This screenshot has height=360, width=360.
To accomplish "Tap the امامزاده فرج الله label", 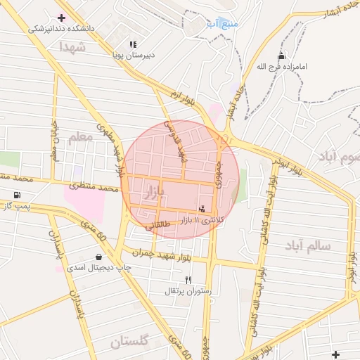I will tap(282, 66).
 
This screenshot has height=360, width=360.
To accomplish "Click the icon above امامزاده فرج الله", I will tap(282, 56).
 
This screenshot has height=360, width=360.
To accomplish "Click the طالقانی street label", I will tap(157, 226).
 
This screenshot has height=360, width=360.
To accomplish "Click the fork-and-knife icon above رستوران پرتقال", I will tap(188, 280).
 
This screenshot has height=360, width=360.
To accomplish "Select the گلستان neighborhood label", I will tap(129, 342).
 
